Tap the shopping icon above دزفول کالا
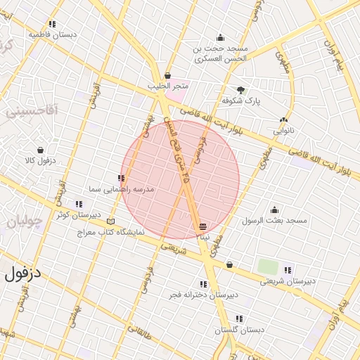point(40,150)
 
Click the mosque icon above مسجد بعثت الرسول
point(274,210)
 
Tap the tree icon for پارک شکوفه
point(241,90)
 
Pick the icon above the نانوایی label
point(283,120)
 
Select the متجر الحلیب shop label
point(166,86)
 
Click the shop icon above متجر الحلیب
point(167,75)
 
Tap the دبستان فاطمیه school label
point(53,34)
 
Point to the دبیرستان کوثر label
point(79,214)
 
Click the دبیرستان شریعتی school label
point(288,281)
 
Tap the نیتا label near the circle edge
point(202,237)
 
